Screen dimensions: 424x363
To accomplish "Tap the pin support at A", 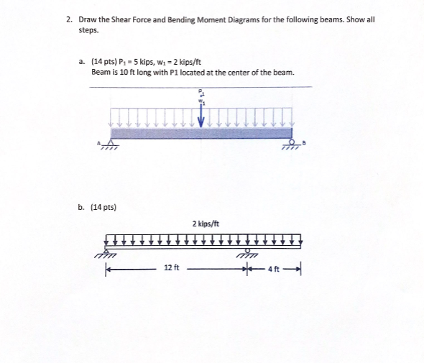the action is click(x=109, y=144).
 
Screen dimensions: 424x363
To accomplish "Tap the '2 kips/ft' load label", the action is click(x=206, y=224).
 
